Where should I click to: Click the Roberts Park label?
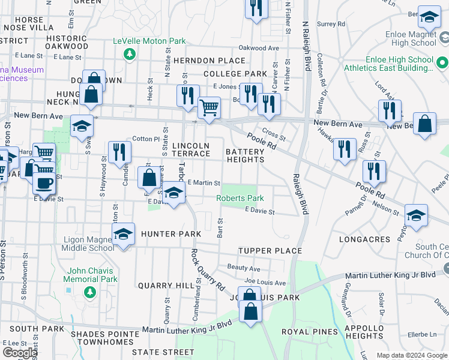pyautogui.click(x=240, y=198)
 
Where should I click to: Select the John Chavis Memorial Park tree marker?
pyautogui.click(x=89, y=292)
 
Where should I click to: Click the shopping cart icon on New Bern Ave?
pyautogui.click(x=209, y=109)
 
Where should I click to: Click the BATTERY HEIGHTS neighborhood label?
pyautogui.click(x=245, y=156)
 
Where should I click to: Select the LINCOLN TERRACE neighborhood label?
pyautogui.click(x=191, y=150)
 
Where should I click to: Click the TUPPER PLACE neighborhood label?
pyautogui.click(x=261, y=250)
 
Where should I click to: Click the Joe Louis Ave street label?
pyautogui.click(x=265, y=282)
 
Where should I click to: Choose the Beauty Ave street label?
pyautogui.click(x=243, y=268)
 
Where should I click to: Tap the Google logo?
pyautogui.click(x=20, y=353)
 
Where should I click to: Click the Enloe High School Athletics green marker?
pyautogui.click(x=442, y=62)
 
